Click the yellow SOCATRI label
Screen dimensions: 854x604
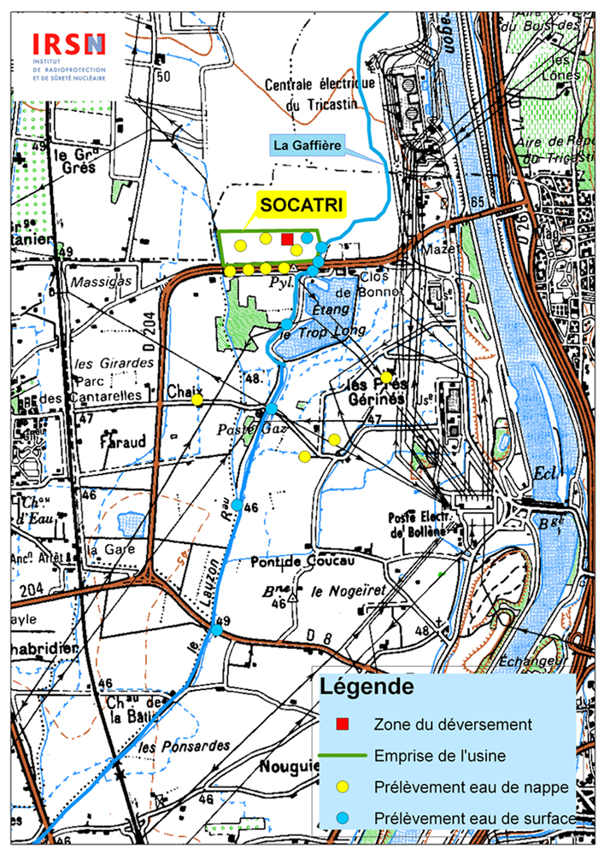[301, 206]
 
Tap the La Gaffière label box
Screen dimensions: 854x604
[308, 146]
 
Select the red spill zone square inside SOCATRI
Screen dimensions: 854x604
[287, 239]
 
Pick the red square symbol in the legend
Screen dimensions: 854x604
[343, 724]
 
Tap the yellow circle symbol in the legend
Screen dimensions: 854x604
[343, 787]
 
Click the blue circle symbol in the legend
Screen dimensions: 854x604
[343, 818]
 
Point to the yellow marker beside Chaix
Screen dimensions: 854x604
[197, 399]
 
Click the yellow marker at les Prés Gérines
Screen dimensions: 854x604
[386, 377]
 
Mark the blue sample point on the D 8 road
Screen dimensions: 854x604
[217, 630]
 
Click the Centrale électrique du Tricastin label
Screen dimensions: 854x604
[320, 95]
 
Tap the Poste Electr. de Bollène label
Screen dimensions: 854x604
[417, 524]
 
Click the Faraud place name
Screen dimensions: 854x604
[126, 442]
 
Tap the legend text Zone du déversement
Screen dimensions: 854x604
[453, 724]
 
